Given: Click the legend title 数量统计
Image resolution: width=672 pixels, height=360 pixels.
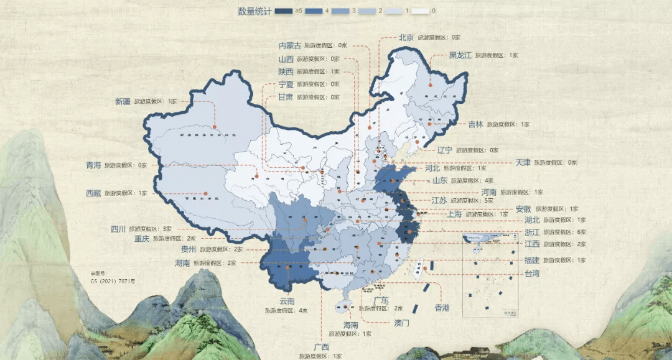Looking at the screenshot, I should tap(254, 11).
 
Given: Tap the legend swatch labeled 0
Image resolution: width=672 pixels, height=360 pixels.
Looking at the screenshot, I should tap(421, 11).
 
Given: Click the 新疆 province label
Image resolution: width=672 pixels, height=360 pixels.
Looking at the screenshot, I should tap(123, 101).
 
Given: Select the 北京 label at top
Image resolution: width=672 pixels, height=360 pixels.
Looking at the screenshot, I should tap(406, 37).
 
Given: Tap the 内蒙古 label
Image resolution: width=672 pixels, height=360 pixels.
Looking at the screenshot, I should tap(289, 45).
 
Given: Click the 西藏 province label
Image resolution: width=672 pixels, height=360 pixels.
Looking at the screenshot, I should tap(93, 193).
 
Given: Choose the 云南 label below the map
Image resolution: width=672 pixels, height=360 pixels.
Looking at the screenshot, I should tap(287, 302).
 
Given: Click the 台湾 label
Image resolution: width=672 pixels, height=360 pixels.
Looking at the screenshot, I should tap(531, 273).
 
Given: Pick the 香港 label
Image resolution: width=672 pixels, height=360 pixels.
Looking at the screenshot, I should tap(442, 308).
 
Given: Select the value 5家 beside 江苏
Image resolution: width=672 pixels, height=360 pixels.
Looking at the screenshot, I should tap(488, 201).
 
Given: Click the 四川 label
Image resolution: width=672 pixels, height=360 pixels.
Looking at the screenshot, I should tap(118, 229).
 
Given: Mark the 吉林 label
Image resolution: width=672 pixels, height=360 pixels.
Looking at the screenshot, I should tap(475, 124).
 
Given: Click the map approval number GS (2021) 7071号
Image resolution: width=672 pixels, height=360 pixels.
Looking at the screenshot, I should tap(113, 281).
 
